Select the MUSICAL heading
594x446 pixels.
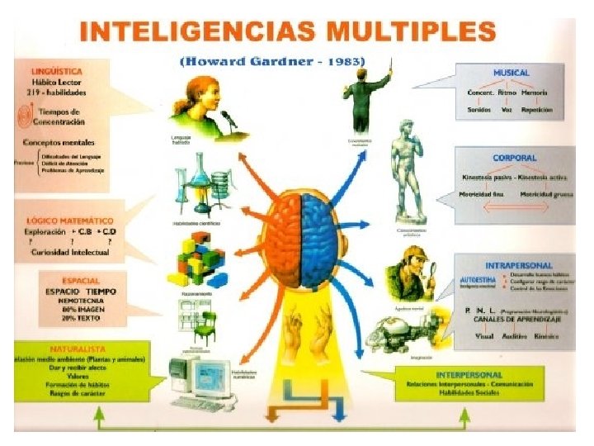coord(511,74)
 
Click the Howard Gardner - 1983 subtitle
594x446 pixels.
coord(272,61)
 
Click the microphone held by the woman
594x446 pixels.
coord(228,119)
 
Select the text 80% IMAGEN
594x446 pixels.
coord(82,310)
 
